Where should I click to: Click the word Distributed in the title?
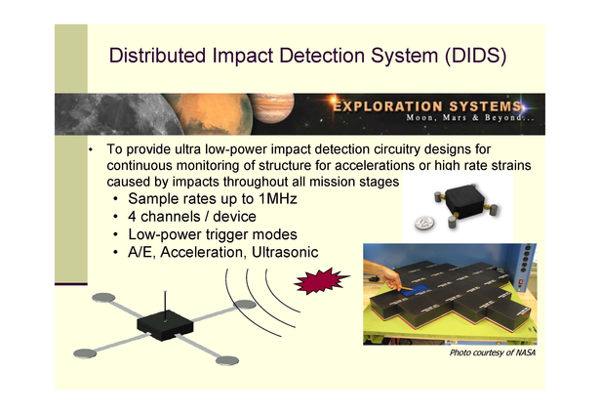[x=158, y=55]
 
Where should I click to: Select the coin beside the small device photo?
[x=424, y=224]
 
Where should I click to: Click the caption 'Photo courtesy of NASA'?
[x=492, y=352]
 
